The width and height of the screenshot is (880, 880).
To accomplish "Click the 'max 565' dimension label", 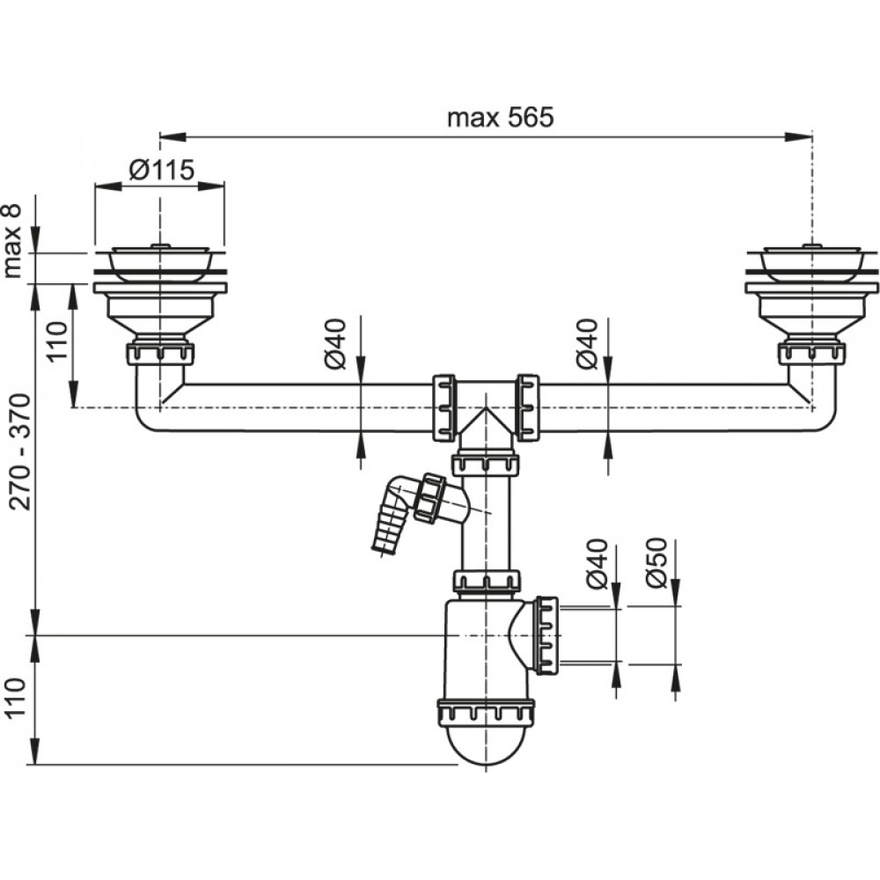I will pyautogui.click(x=501, y=118).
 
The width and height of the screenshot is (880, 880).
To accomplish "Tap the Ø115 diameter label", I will pyautogui.click(x=160, y=170).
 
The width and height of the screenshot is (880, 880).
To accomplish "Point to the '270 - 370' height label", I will pyautogui.click(x=19, y=452).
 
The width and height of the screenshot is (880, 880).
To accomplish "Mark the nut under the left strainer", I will pyautogui.click(x=161, y=355).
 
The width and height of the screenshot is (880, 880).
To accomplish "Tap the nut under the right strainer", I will pyautogui.click(x=810, y=355).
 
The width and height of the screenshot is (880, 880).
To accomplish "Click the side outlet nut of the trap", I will pyautogui.click(x=546, y=634).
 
